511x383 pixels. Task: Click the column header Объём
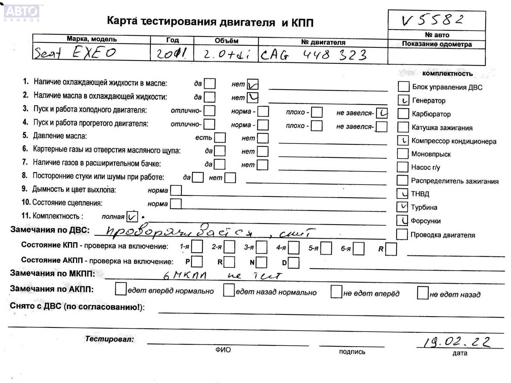[x=226, y=41]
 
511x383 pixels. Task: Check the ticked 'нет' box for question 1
[x=252, y=84]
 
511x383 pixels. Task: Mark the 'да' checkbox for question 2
[x=209, y=97]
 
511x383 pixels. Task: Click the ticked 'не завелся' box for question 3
[x=382, y=113]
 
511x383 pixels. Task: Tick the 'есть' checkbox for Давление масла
[x=220, y=138]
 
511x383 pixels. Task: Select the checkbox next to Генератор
[x=403, y=100]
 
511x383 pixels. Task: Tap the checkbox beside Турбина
[x=402, y=207]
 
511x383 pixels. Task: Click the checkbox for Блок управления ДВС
[x=403, y=87]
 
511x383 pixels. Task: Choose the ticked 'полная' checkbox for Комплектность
[x=132, y=217]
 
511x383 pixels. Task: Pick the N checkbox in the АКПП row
[x=261, y=263]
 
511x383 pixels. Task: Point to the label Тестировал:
[x=109, y=339]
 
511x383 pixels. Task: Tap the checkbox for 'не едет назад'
[x=423, y=293]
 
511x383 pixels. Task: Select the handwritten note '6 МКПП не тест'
[x=222, y=276]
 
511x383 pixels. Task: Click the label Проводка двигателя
[x=443, y=235]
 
